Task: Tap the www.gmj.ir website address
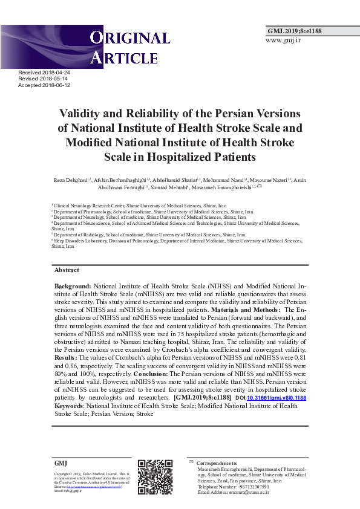[x=283, y=41]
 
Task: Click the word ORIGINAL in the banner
[x=131, y=39]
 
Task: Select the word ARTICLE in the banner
[x=125, y=58]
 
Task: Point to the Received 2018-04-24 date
[x=45, y=73]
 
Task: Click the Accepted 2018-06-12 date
[x=45, y=85]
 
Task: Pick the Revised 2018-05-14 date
[x=43, y=79]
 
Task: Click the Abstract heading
[x=67, y=270]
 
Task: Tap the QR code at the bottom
[x=155, y=477]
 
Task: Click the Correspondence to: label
[x=217, y=462]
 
